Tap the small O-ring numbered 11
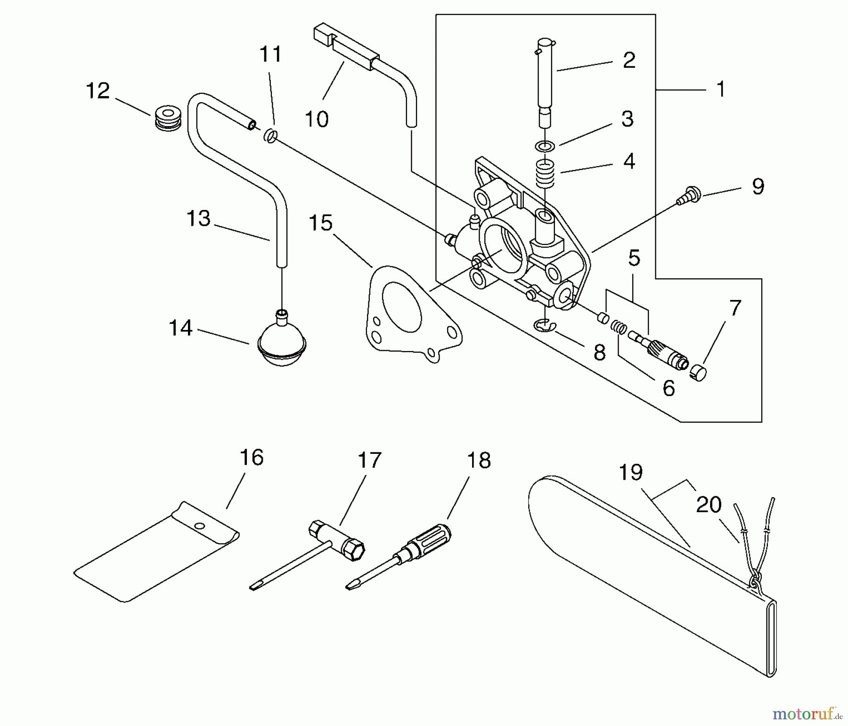270,136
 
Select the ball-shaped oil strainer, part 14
282,342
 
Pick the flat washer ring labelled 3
545,146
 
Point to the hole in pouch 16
200,525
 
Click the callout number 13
198,218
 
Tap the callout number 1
720,89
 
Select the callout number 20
709,505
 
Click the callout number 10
316,119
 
